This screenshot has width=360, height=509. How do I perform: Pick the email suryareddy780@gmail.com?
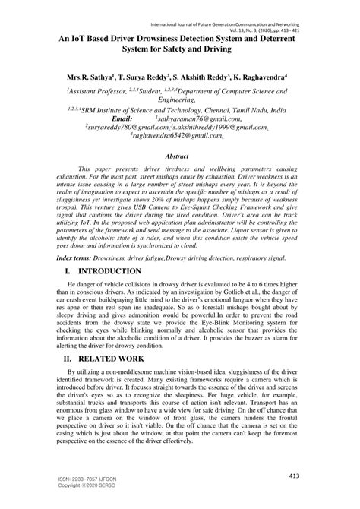[x=123, y=128]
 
